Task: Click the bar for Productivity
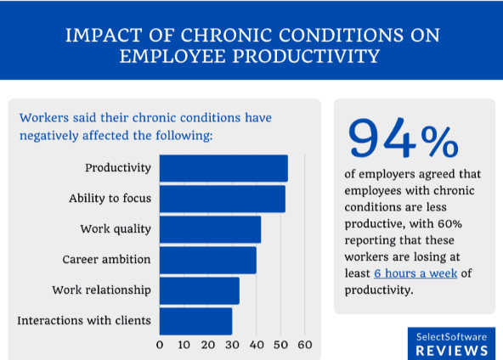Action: pyautogui.click(x=223, y=168)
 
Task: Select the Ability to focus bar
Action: pyautogui.click(x=222, y=199)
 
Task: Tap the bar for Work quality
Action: pyautogui.click(x=210, y=229)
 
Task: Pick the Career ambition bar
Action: pyautogui.click(x=207, y=260)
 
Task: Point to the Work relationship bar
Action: pyautogui.click(x=199, y=290)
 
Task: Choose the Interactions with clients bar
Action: pyautogui.click(x=195, y=321)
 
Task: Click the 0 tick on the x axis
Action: pyautogui.click(x=160, y=345)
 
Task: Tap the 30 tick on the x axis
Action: pyautogui.click(x=232, y=345)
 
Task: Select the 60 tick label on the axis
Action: pyautogui.click(x=305, y=345)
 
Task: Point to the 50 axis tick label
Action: pyautogui.click(x=280, y=345)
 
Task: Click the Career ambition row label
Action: pyautogui.click(x=107, y=260)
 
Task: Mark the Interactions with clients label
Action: pyautogui.click(x=84, y=321)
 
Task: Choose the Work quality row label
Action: pyautogui.click(x=116, y=229)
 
